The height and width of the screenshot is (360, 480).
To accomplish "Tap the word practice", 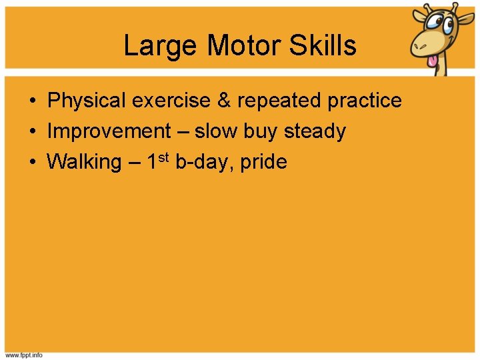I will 365,101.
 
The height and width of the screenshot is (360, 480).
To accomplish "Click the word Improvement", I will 109,131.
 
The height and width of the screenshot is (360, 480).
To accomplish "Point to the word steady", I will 315,131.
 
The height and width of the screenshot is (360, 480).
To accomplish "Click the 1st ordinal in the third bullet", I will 158,161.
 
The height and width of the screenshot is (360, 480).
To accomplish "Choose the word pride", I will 263,162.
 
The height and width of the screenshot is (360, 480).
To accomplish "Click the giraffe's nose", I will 421,45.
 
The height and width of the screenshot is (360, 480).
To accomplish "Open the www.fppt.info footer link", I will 24,355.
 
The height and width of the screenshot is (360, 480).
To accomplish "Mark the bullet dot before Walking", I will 32,162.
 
